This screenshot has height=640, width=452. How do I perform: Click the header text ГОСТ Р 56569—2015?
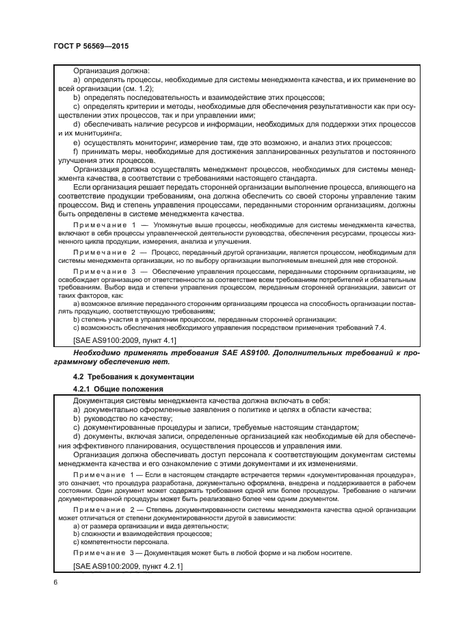[x=90, y=45]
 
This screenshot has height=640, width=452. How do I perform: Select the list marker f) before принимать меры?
[x=76, y=151]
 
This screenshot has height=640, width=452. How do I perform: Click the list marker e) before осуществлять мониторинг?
[x=76, y=142]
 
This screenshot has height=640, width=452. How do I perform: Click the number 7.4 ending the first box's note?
[x=379, y=328]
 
